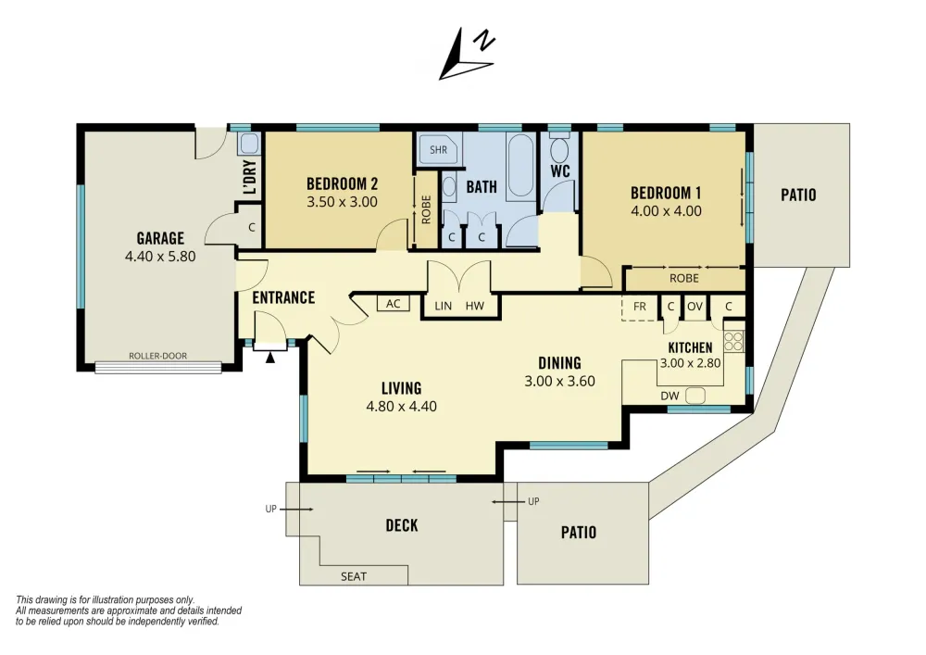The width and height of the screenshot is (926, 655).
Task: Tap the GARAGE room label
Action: pyautogui.click(x=160, y=238)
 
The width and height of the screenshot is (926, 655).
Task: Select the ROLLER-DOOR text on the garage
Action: pyautogui.click(x=157, y=356)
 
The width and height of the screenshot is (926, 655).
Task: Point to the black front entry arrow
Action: pyautogui.click(x=269, y=357)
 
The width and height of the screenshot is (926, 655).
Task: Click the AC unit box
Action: pyautogui.click(x=394, y=304)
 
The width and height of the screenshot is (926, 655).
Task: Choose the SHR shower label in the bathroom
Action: pyautogui.click(x=438, y=150)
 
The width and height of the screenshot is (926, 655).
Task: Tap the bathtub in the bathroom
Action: pyautogui.click(x=520, y=166)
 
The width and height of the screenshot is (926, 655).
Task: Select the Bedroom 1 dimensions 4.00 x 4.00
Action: pyautogui.click(x=666, y=211)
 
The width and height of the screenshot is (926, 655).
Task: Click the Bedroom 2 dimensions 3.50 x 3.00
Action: pyautogui.click(x=342, y=202)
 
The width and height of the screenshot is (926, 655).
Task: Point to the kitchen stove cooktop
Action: pyautogui.click(x=733, y=341)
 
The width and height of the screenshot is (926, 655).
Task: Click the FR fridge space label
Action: pyautogui.click(x=640, y=307)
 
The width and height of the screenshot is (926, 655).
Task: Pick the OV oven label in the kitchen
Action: pyautogui.click(x=695, y=307)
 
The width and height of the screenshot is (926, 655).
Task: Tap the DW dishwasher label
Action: pyautogui.click(x=669, y=396)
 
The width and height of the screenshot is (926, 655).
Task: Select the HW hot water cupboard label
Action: pyautogui.click(x=475, y=306)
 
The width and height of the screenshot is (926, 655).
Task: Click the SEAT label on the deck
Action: pyautogui.click(x=354, y=576)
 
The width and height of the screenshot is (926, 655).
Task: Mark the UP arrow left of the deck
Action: pyautogui.click(x=296, y=510)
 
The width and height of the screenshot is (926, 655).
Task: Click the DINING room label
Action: pyautogui.click(x=559, y=362)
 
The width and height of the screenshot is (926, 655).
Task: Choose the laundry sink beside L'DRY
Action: pyautogui.click(x=249, y=144)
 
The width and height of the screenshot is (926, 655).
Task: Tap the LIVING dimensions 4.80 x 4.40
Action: pyautogui.click(x=402, y=407)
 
